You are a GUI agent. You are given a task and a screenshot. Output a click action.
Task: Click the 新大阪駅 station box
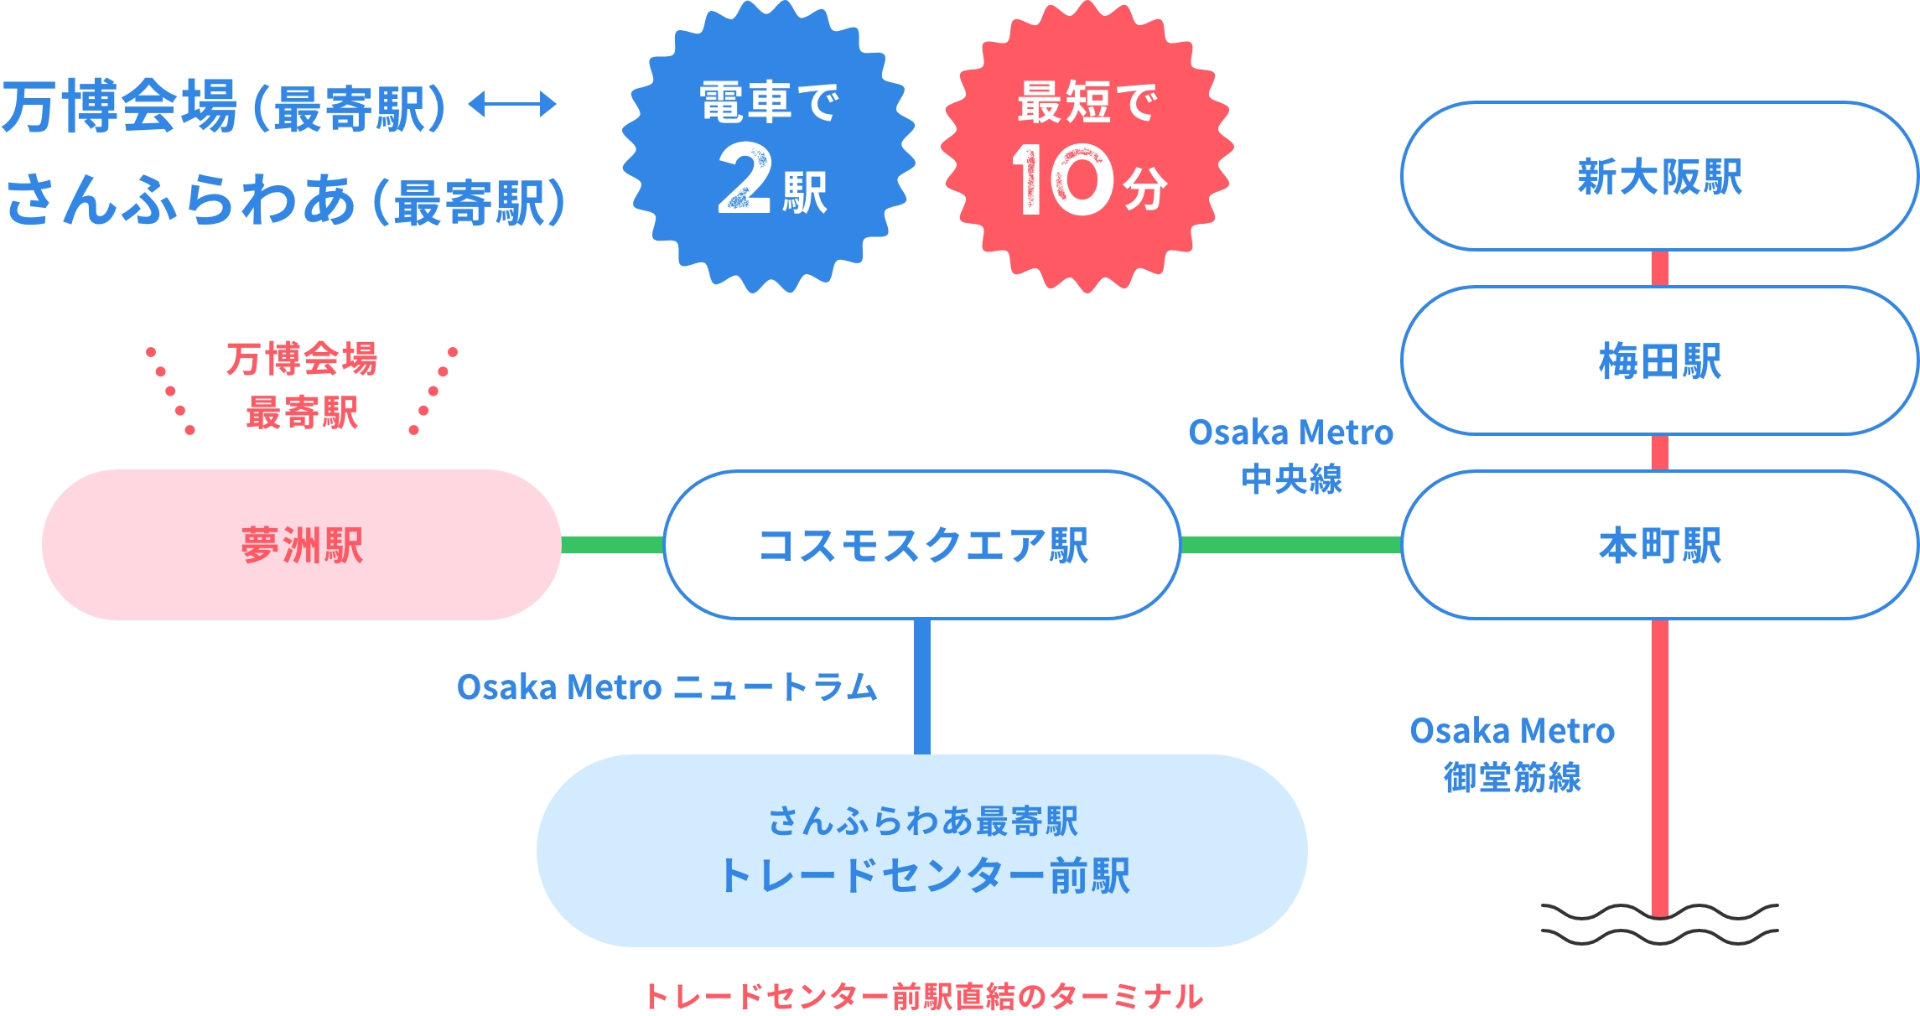point(1658,177)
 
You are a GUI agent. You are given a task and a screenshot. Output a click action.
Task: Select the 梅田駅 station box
point(1658,361)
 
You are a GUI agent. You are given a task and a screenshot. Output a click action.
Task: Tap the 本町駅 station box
point(1658,546)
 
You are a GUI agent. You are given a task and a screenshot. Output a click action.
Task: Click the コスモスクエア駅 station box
point(922,546)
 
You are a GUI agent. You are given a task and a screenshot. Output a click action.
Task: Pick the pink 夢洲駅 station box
point(301,546)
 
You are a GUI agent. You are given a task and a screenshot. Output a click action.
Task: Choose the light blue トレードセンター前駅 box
point(922,851)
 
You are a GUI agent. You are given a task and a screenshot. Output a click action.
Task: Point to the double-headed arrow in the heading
point(512,105)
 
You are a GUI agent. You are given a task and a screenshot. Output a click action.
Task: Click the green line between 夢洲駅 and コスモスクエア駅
point(612,546)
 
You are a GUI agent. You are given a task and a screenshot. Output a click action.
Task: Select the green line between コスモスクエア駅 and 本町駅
point(1291,546)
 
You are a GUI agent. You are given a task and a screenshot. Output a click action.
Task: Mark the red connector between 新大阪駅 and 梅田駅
point(1659,268)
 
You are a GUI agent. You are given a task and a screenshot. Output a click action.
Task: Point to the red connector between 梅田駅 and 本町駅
point(1659,453)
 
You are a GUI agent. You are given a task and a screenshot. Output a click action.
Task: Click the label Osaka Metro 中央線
point(1291,455)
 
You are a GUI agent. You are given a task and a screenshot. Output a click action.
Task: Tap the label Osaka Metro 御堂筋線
point(1512,754)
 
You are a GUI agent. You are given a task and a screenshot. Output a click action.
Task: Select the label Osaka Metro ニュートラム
point(667,687)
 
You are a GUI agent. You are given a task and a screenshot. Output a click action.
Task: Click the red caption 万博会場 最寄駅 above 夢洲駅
point(302,386)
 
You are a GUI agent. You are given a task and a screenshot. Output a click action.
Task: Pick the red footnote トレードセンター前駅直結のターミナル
point(923,996)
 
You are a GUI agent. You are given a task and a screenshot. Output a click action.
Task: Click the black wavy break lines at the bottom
point(1659,925)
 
